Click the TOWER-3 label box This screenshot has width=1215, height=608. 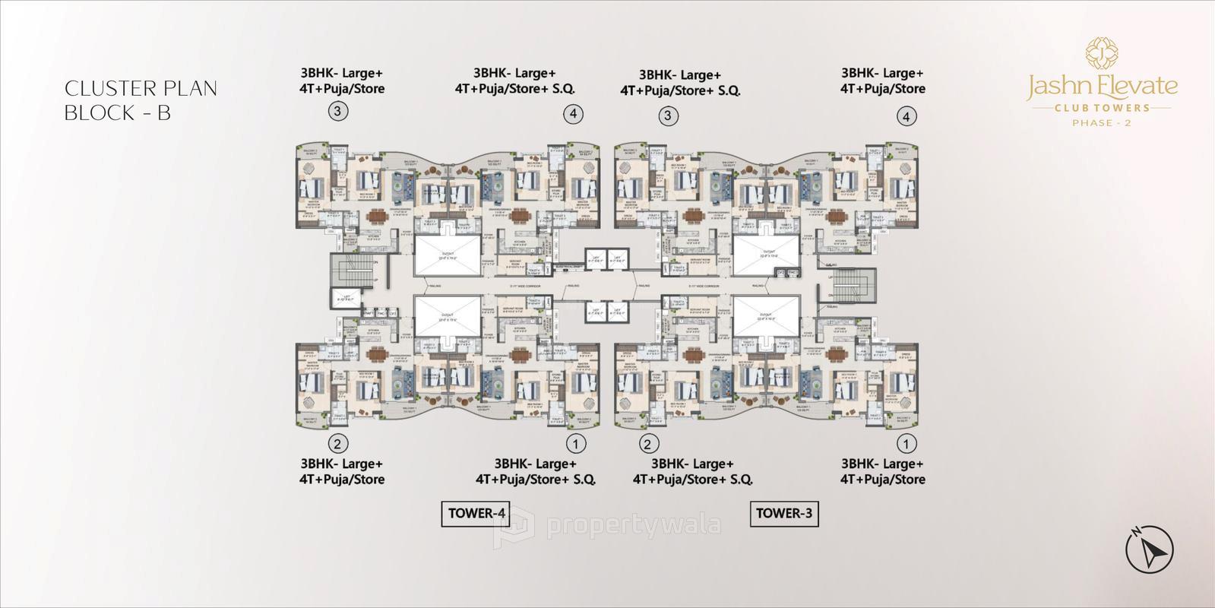click(784, 514)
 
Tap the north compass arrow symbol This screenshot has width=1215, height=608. click(1149, 549)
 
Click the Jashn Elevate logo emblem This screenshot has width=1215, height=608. click(1101, 53)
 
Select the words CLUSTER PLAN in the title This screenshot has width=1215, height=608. click(141, 89)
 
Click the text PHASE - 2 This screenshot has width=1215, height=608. click(1101, 123)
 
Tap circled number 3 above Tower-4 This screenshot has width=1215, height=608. click(338, 112)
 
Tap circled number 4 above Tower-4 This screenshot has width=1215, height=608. click(574, 114)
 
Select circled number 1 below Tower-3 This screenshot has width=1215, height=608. click(906, 443)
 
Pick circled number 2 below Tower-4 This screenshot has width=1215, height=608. click(338, 443)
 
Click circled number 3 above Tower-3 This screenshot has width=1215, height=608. click(668, 116)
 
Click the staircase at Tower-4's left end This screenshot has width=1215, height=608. click(354, 271)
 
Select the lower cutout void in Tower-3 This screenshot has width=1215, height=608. click(767, 315)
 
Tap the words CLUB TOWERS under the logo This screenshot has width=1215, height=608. click(1101, 108)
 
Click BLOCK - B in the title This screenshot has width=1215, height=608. click(117, 113)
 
